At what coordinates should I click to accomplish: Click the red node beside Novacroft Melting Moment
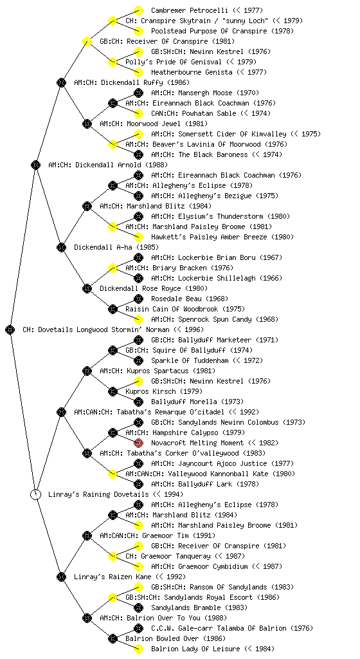(138, 443)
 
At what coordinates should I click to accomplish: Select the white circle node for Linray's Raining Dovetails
(35, 494)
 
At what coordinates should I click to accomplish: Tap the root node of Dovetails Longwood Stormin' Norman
(10, 329)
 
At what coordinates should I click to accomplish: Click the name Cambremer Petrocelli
(190, 10)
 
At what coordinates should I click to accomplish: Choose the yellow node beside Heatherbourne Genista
(138, 72)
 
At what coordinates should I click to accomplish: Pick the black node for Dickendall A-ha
(61, 247)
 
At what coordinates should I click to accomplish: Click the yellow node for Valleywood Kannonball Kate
(113, 474)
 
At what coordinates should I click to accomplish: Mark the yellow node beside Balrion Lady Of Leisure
(138, 649)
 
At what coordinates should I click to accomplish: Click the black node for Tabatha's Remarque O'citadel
(61, 412)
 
